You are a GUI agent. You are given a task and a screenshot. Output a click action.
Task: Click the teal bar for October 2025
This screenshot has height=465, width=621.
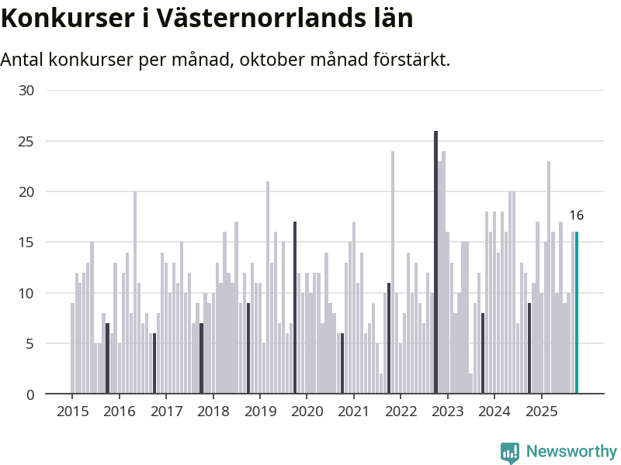coord(577,313)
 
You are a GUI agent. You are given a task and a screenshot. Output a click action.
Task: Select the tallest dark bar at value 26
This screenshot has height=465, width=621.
coord(435,263)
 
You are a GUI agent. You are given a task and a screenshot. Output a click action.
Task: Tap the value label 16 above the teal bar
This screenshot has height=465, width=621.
coord(576,215)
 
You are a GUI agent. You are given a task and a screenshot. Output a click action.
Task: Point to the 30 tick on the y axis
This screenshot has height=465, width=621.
coord(26,91)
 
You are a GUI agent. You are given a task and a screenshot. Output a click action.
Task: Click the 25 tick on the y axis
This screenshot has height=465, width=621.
coord(26,141)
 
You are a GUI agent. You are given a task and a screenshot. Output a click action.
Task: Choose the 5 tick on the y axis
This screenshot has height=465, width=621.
coord(30,344)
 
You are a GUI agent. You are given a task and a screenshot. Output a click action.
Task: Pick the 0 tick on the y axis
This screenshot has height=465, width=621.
coord(30,394)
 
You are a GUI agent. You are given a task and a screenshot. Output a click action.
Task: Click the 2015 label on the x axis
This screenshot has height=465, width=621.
coord(72,411)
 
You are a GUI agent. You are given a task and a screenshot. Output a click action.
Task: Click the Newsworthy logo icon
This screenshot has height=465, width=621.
coord(510,453)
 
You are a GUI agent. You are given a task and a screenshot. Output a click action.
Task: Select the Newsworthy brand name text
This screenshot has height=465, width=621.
coord(571,452)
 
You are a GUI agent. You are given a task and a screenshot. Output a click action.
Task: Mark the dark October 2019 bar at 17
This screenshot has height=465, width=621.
coord(295,308)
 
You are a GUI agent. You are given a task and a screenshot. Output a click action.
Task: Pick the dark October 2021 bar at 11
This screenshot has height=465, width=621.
coord(389,339)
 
